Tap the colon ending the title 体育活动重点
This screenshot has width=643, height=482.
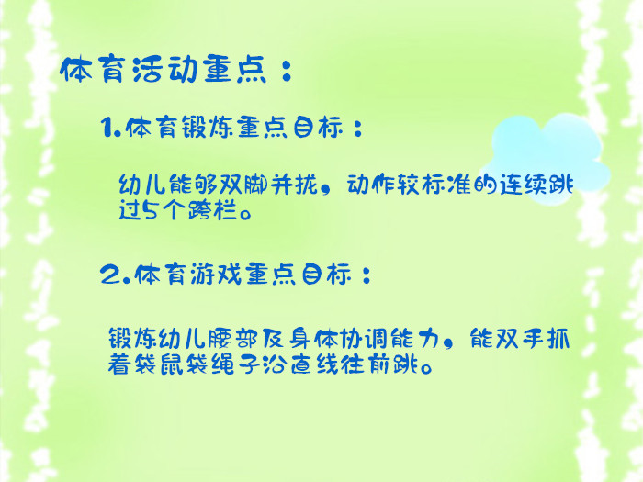coord(287,70)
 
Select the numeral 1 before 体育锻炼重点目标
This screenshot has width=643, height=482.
coord(107,127)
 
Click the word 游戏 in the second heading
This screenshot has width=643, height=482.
coord(216,274)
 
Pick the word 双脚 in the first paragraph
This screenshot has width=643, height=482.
coord(245,185)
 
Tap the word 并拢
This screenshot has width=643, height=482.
coord(295,185)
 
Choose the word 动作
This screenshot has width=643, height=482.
coord(371,185)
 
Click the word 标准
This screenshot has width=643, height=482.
coord(447,185)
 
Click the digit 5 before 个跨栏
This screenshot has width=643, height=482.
coord(151,210)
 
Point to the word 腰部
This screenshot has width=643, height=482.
coord(232,339)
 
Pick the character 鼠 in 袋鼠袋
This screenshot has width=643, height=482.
coord(172,364)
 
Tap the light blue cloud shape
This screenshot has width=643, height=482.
coord(546,158)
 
